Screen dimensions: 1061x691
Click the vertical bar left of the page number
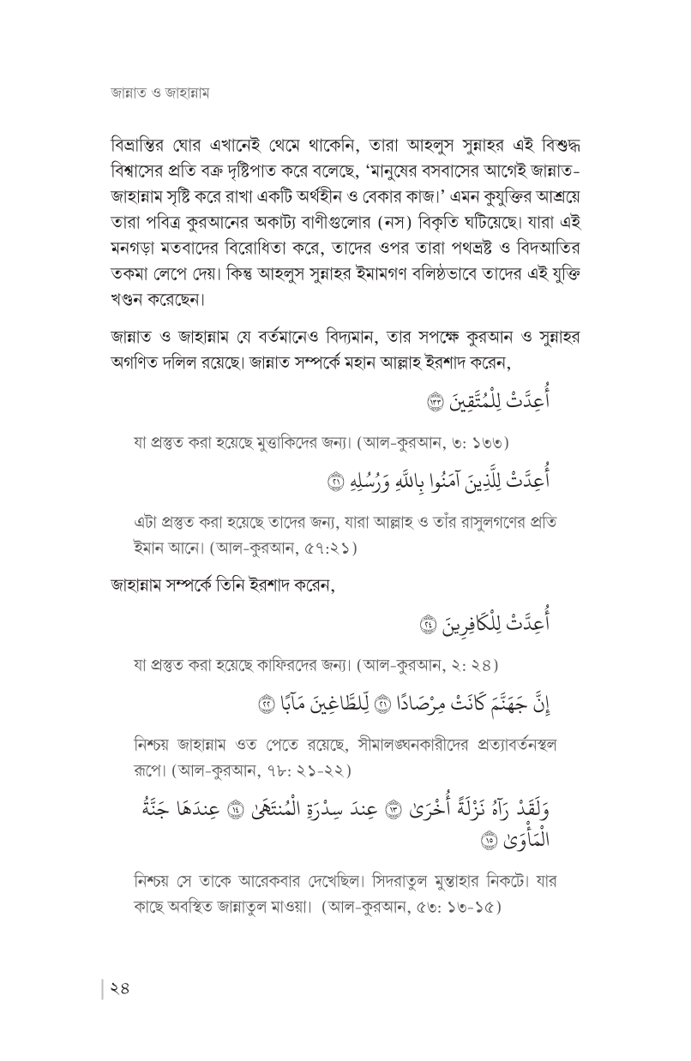tap(103, 990)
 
